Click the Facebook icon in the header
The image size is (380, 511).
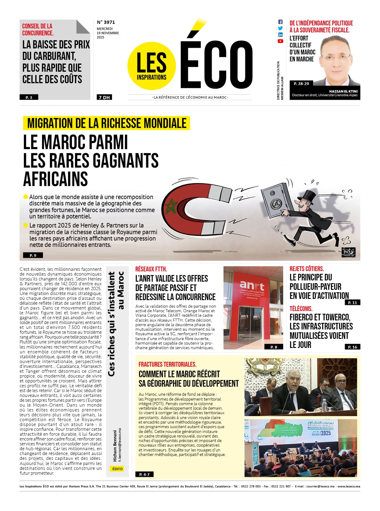tap(280, 22)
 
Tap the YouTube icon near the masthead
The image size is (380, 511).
tap(280, 41)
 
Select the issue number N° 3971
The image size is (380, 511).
tap(106, 22)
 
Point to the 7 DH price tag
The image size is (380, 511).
tap(104, 97)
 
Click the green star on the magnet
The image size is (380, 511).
tap(173, 206)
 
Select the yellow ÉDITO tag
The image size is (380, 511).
tap(117, 469)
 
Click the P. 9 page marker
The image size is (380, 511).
tap(33, 255)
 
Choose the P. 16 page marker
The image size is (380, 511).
tap(352, 347)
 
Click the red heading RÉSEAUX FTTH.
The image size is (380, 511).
tap(151, 269)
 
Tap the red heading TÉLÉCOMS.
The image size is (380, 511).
tap(301, 309)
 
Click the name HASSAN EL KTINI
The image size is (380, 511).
tap(343, 91)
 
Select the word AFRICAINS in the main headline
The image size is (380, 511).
tap(55, 179)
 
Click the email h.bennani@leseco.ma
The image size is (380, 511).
tap(120, 444)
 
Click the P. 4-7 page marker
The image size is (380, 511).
tap(144, 474)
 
